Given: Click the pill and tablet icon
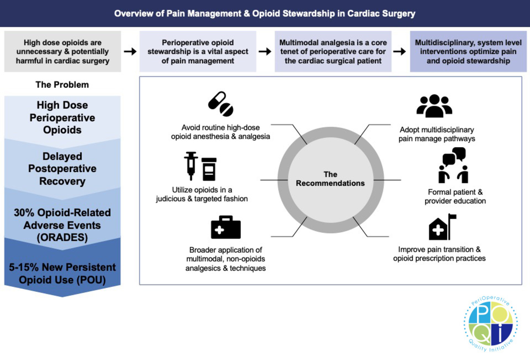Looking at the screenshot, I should (221, 104).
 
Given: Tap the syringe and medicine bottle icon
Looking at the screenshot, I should (200, 166).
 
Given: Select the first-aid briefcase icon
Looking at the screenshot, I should (226, 227).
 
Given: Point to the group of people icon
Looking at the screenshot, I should (434, 106).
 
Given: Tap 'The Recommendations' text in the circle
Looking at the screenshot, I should (330, 179).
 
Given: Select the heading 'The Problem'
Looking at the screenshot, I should (62, 85).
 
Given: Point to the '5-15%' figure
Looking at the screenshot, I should (24, 267).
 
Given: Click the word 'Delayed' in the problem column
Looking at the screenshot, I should (62, 156).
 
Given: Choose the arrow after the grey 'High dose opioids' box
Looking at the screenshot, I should (130, 51).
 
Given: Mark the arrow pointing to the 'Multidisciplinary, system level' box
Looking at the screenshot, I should (400, 51).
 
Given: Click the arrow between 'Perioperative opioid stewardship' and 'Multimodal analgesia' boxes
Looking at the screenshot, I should (265, 51).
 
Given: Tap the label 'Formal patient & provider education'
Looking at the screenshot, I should (455, 197).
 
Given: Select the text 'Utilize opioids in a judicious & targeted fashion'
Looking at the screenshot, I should (202, 194).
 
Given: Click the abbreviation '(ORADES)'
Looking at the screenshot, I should (62, 237).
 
